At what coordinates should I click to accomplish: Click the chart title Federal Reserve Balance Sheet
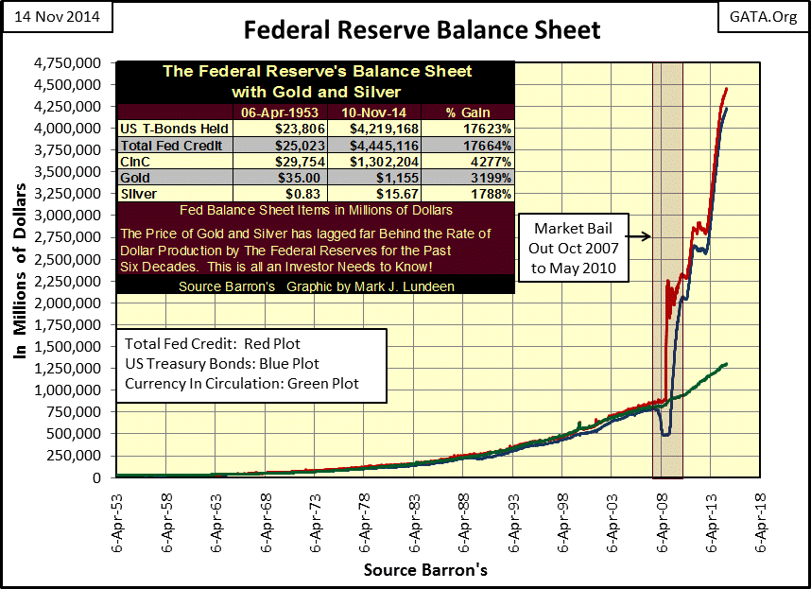[422, 29]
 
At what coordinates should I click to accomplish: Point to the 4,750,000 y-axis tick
[75, 63]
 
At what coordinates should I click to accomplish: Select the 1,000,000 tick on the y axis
[75, 390]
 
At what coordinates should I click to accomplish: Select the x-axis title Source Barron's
[425, 571]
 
